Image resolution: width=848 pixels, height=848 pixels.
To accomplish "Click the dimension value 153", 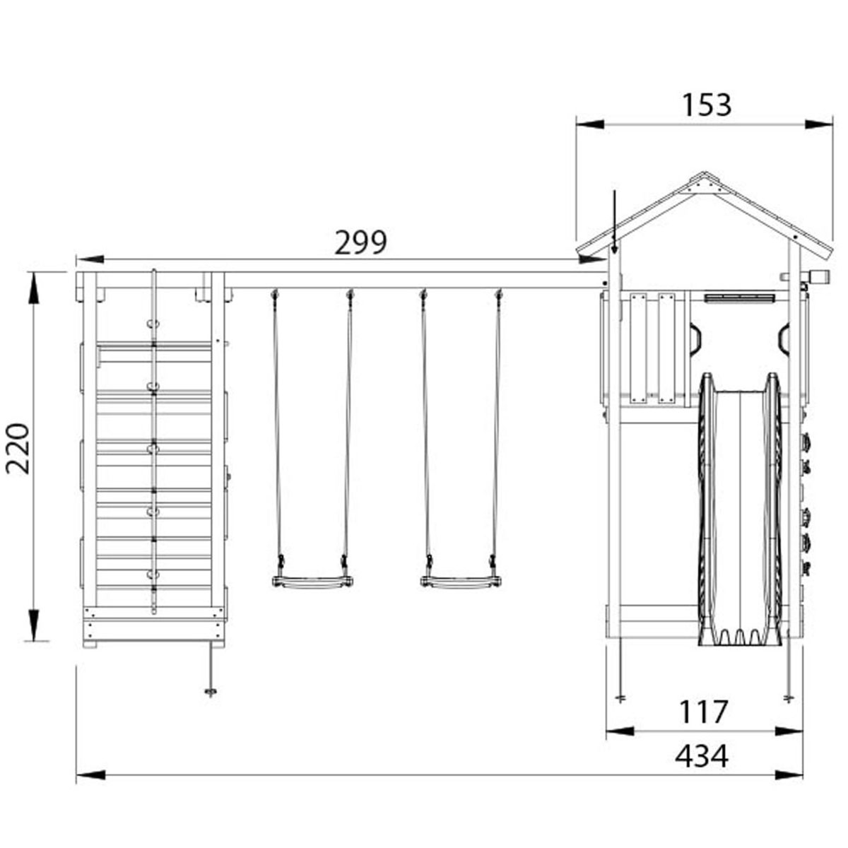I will coord(706,105).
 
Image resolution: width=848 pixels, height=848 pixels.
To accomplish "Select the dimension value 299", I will coord(360,243).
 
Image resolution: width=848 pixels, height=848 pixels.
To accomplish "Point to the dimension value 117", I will coord(703,712).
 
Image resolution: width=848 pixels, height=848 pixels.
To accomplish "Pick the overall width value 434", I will coord(701,757).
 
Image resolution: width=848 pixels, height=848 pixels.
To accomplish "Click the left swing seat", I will coord(312,582).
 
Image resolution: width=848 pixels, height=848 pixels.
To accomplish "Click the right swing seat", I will coord(461,582).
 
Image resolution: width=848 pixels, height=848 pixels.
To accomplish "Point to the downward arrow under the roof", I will coord(615,247).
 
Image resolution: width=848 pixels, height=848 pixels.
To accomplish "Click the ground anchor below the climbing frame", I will coord(211,691).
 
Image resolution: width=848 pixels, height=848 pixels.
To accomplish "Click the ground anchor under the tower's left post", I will coord(620,698).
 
